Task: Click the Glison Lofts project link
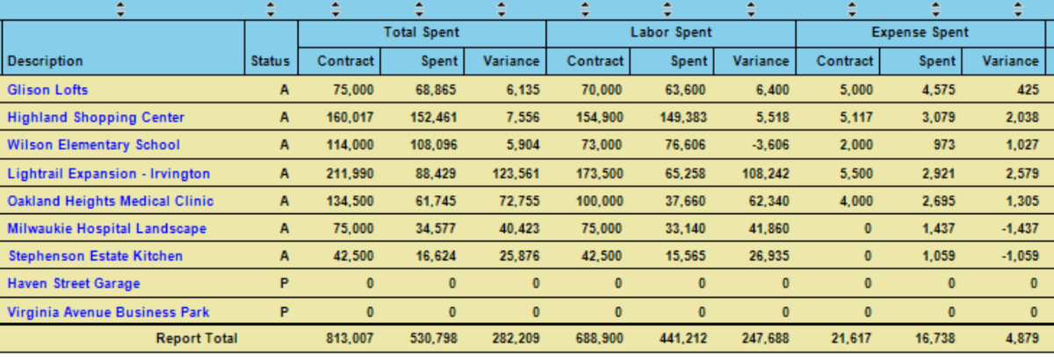(47, 90)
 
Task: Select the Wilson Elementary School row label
(93, 145)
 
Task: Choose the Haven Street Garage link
(74, 284)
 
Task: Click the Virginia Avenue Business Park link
(108, 312)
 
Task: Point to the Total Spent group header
(422, 32)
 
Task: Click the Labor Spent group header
(671, 32)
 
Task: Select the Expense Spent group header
(920, 32)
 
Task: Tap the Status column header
(270, 61)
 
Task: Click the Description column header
(46, 61)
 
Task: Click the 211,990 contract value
(353, 173)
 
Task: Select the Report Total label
(197, 338)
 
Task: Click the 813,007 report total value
(353, 338)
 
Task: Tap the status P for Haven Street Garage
(284, 284)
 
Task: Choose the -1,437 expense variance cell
(1018, 228)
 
